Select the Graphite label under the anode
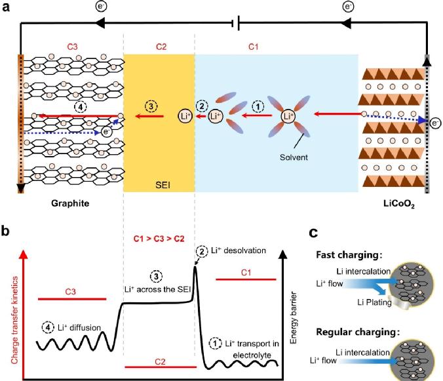(70, 204)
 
